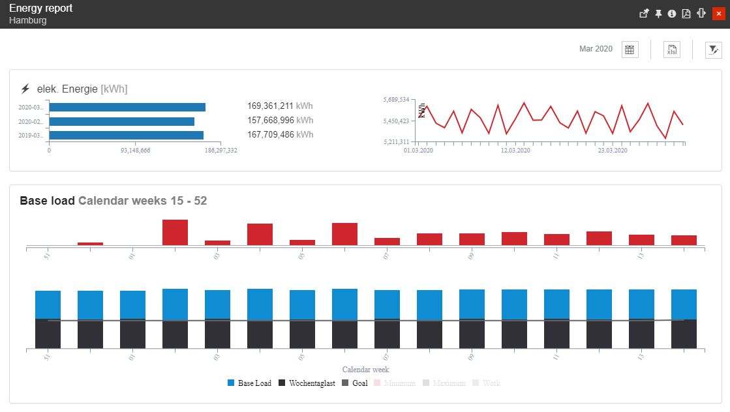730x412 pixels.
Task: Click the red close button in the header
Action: click(718, 14)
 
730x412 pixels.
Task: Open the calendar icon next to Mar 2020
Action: click(630, 50)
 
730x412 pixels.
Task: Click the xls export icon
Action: click(672, 50)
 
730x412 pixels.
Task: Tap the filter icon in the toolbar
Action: click(714, 50)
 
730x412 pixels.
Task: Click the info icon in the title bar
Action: click(672, 14)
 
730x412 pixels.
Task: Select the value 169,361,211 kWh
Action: click(280, 106)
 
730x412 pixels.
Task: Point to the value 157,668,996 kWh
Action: click(280, 120)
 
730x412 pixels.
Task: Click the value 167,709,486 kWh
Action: click(280, 135)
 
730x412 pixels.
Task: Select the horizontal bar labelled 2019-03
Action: click(126, 136)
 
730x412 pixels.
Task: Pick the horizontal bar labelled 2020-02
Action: click(121, 121)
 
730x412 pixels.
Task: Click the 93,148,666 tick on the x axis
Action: click(136, 151)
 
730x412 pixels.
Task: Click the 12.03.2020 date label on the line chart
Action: click(515, 151)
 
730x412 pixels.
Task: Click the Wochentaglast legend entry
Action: click(307, 383)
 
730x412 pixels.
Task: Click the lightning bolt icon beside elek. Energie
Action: click(25, 89)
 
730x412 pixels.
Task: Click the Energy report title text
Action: click(41, 8)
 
